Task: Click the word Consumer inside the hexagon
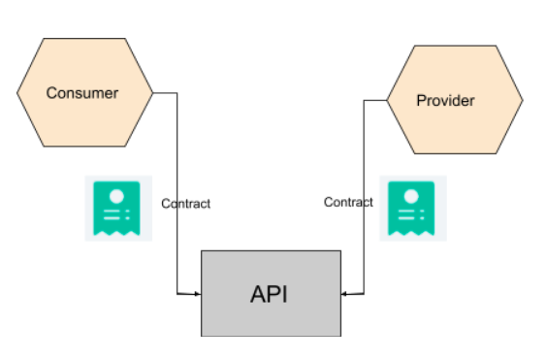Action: coord(82,93)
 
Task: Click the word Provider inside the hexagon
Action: coord(445,100)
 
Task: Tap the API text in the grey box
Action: coord(271,294)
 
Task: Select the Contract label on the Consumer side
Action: coord(185,204)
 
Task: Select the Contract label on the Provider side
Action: coord(348,202)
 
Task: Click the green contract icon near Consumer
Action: coord(113,209)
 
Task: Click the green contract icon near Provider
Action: coord(412,208)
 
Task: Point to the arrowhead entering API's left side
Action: coord(197,292)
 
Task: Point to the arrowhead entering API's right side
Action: coord(345,292)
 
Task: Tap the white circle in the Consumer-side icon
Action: coord(113,195)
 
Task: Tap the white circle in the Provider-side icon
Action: coord(412,195)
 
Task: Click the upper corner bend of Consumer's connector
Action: coord(177,93)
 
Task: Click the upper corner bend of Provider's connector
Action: coord(364,100)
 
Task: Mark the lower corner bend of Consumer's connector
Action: coord(177,292)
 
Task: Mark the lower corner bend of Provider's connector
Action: coord(364,292)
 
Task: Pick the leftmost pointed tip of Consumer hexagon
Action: coord(16,93)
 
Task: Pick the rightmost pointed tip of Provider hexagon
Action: coord(523,100)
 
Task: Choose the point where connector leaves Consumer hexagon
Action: coord(153,93)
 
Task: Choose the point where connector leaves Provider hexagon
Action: coord(387,100)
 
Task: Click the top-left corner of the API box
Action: coord(202,251)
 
